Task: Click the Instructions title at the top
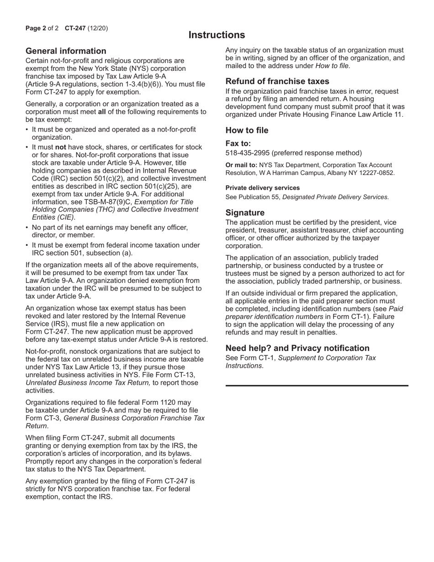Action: click(217, 35)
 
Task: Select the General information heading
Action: click(66, 51)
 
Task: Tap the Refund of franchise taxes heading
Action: click(277, 81)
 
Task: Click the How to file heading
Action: click(247, 131)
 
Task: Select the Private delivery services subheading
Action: click(263, 188)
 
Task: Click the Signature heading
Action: click(245, 213)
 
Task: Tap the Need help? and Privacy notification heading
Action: click(297, 348)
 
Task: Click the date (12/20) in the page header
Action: click(98, 28)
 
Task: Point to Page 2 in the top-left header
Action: click(36, 28)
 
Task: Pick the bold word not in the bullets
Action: click(61, 147)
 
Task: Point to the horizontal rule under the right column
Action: click(317, 386)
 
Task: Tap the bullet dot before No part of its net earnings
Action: click(27, 228)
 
